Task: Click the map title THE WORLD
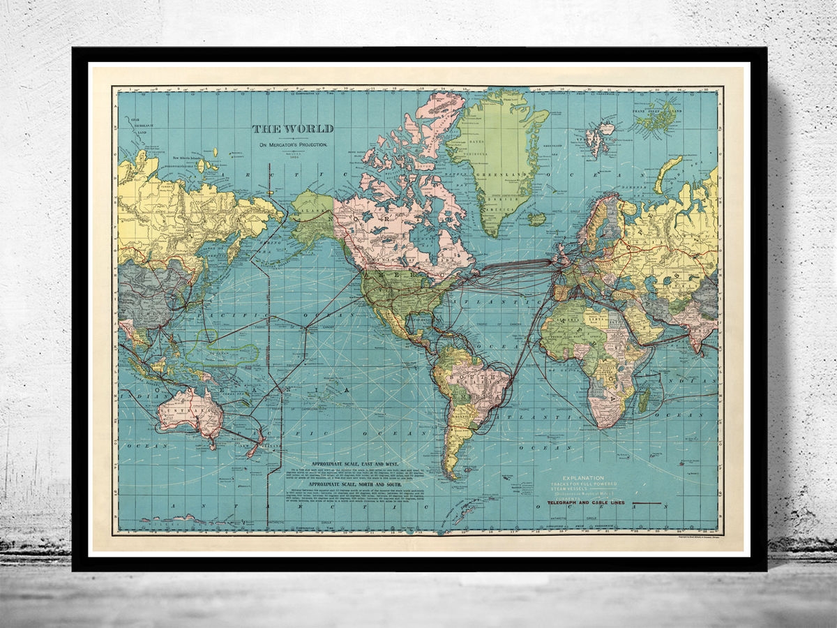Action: (x=293, y=128)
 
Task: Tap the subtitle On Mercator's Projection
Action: (x=293, y=144)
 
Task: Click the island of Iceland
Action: (x=536, y=218)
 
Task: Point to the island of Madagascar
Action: (x=644, y=400)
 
